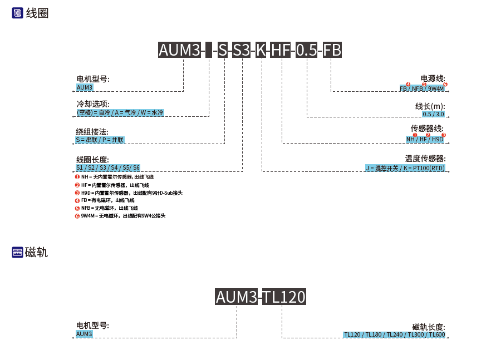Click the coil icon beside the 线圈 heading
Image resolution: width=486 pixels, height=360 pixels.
pyautogui.click(x=17, y=13)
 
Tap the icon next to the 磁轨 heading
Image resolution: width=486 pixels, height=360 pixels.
pyautogui.click(x=17, y=253)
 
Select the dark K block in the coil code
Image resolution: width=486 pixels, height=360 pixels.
pyautogui.click(x=261, y=51)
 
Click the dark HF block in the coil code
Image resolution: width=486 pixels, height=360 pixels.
pyautogui.click(x=281, y=51)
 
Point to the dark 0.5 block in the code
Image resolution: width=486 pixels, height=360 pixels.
pyautogui.click(x=307, y=51)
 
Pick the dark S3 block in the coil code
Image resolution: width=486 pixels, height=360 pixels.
pyautogui.click(x=242, y=51)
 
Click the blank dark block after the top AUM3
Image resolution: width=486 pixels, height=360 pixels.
pyautogui.click(x=209, y=51)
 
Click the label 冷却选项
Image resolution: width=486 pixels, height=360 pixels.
pyautogui.click(x=93, y=104)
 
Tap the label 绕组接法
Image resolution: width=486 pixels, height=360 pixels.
pyautogui.click(x=92, y=132)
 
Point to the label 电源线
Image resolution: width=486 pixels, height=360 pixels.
pyautogui.click(x=433, y=78)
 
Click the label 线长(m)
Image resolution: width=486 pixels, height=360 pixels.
pyautogui.click(x=430, y=106)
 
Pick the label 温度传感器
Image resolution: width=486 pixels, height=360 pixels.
pyautogui.click(x=425, y=159)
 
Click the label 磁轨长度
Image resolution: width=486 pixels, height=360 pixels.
pyautogui.click(x=429, y=327)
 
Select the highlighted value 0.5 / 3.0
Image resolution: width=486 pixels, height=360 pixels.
pyautogui.click(x=434, y=114)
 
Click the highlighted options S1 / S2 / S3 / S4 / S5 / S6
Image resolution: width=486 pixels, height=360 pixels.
pyautogui.click(x=108, y=167)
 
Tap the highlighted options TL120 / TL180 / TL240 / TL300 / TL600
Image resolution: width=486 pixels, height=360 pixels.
pyautogui.click(x=394, y=334)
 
